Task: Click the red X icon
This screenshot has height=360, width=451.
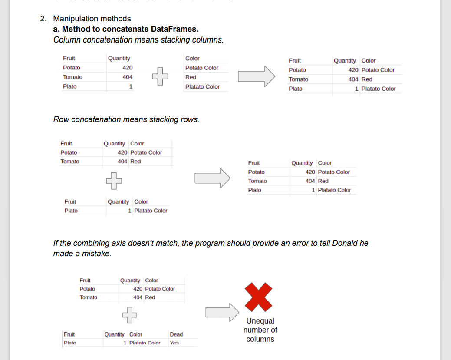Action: [259, 297]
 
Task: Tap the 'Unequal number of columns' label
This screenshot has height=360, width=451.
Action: [260, 330]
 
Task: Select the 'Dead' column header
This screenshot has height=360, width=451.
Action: [176, 334]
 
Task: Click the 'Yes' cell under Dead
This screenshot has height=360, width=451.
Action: [174, 343]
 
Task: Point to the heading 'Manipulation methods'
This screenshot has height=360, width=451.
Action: [92, 19]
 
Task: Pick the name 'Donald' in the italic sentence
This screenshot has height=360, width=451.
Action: [345, 243]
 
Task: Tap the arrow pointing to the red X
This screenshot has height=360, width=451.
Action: [222, 312]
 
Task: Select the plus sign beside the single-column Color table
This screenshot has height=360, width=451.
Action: [159, 77]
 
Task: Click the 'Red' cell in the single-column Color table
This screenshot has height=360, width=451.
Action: [191, 77]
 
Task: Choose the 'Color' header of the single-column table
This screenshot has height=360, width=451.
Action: [192, 59]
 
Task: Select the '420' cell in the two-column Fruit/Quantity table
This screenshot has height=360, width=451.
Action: [127, 68]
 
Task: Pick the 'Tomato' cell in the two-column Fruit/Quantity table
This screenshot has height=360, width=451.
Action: [72, 77]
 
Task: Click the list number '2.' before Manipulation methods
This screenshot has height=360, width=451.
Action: [43, 19]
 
